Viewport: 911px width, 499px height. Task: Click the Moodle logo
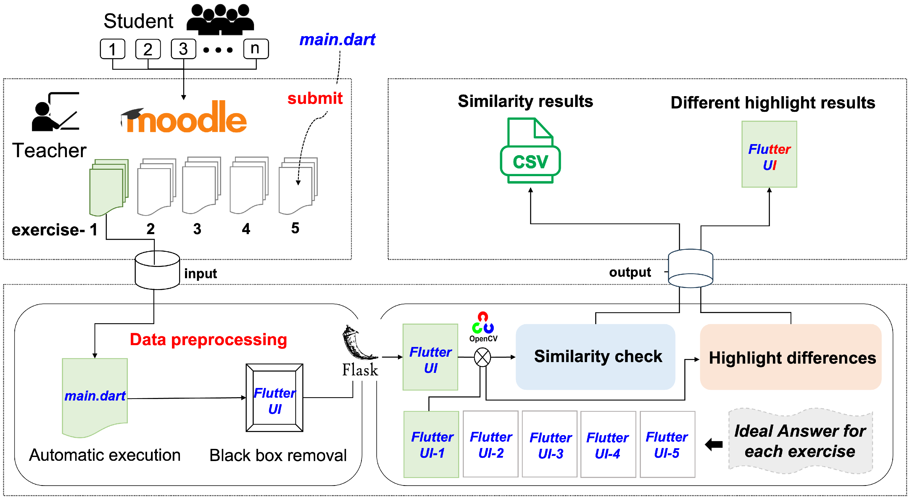[x=184, y=118]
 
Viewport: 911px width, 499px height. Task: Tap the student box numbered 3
[x=183, y=49]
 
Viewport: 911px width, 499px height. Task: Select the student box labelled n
[x=256, y=49]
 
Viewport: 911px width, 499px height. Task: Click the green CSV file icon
[x=530, y=151]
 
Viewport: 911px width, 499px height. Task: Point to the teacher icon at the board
[x=55, y=112]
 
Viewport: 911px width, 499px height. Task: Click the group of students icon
[x=220, y=19]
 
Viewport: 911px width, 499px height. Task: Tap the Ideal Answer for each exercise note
[x=800, y=441]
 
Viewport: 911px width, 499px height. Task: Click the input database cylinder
[x=157, y=270]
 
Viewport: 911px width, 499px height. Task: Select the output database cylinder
[x=690, y=268]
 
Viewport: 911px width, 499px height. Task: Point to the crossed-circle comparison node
[x=482, y=357]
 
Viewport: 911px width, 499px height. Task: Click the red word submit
[x=315, y=98]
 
